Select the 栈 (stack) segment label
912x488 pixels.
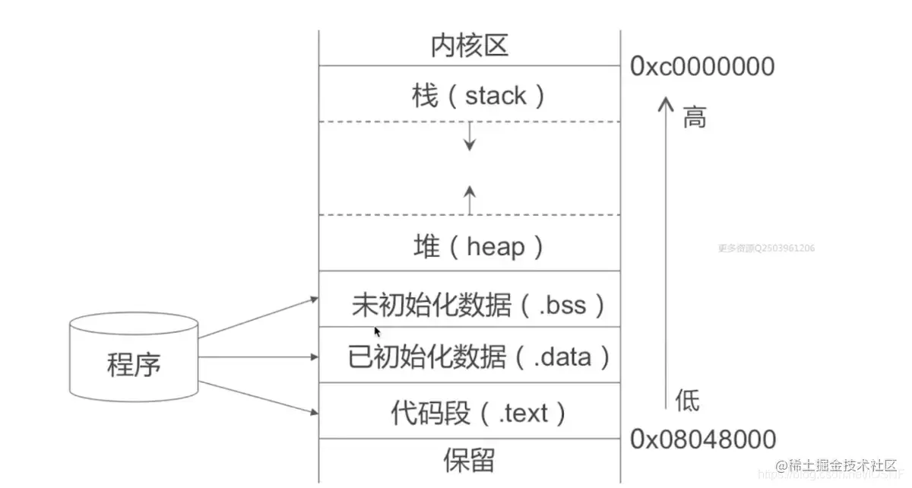click(469, 96)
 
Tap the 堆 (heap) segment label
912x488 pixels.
click(469, 246)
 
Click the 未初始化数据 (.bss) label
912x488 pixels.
click(479, 305)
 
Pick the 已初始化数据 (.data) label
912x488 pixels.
click(479, 356)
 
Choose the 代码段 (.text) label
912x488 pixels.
click(479, 413)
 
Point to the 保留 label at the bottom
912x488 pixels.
click(469, 460)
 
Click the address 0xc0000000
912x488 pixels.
click(702, 67)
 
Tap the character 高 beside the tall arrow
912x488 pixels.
click(694, 118)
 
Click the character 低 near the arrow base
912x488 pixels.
click(687, 401)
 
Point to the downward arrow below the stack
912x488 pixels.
click(470, 137)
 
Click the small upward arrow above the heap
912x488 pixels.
click(470, 199)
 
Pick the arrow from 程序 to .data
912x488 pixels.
click(258, 356)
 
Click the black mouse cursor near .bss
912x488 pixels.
click(377, 331)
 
